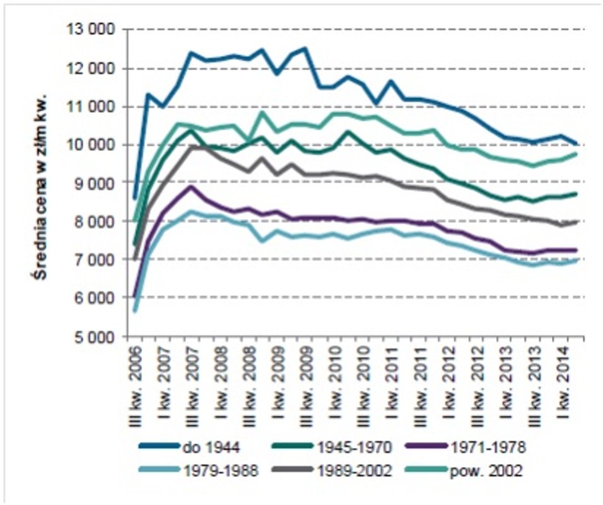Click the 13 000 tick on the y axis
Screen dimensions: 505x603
[95, 30]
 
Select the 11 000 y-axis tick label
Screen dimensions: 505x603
[95, 107]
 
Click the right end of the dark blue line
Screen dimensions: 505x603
[576, 143]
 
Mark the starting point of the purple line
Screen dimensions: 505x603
[134, 295]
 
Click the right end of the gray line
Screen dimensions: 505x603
[576, 222]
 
